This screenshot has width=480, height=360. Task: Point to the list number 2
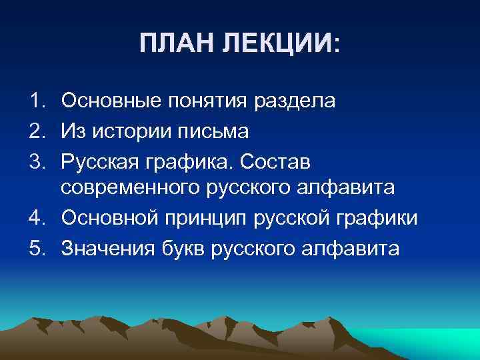(x=35, y=131)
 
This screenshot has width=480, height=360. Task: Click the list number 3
(x=35, y=160)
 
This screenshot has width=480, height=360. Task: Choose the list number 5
(x=35, y=248)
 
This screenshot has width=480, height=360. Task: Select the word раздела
(x=296, y=103)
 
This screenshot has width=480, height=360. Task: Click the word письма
(x=217, y=131)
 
